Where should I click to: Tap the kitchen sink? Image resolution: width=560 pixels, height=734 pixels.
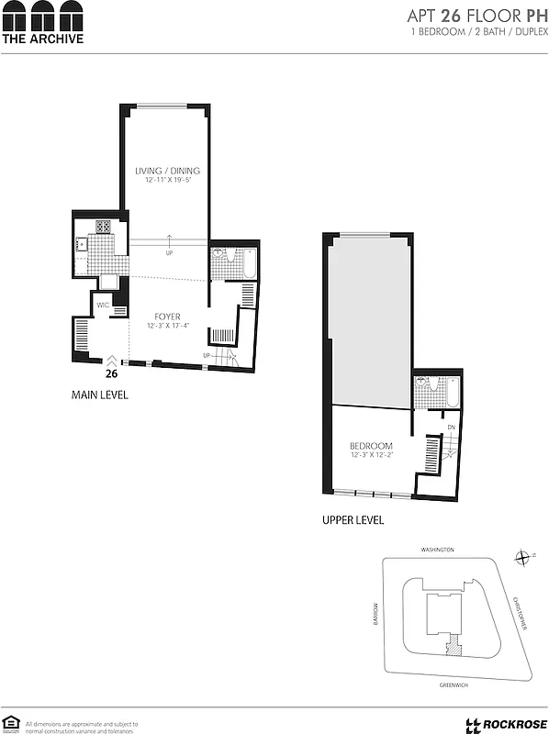coord(82,243)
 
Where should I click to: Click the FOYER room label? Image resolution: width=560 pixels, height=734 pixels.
coord(167,317)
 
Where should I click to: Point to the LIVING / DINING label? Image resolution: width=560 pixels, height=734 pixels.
coord(167,171)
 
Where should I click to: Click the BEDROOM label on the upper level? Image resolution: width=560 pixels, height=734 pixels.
coord(371,446)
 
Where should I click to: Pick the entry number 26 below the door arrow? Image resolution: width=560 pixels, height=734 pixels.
coord(111,373)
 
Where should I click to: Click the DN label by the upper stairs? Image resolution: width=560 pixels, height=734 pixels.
coord(451,428)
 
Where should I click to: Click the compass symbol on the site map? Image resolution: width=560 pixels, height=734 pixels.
coord(522,557)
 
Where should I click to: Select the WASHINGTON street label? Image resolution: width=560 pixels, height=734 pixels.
coord(438,550)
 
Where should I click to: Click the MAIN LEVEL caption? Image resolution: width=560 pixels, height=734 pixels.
coord(100,395)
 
